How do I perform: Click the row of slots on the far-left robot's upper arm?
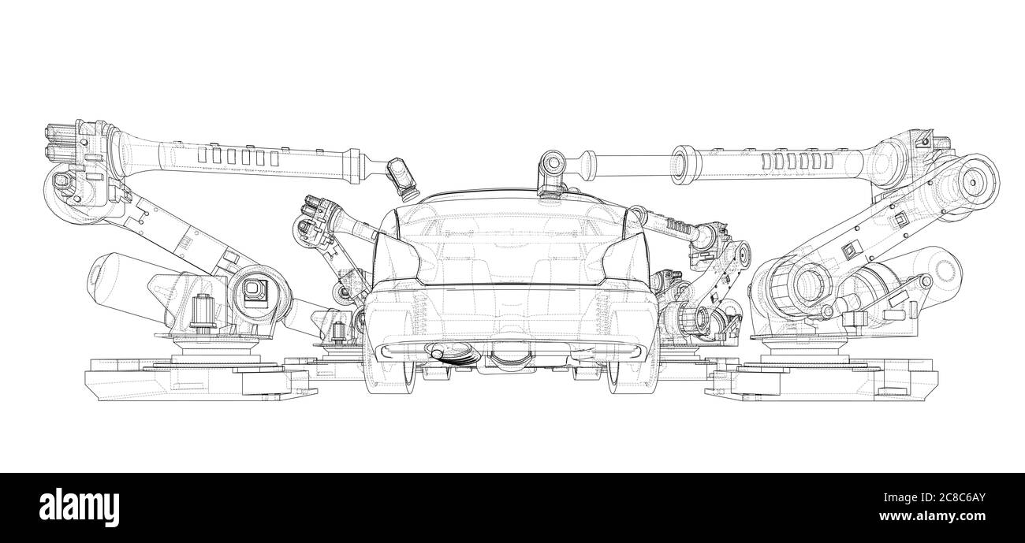237,158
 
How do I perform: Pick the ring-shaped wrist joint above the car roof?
551,165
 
